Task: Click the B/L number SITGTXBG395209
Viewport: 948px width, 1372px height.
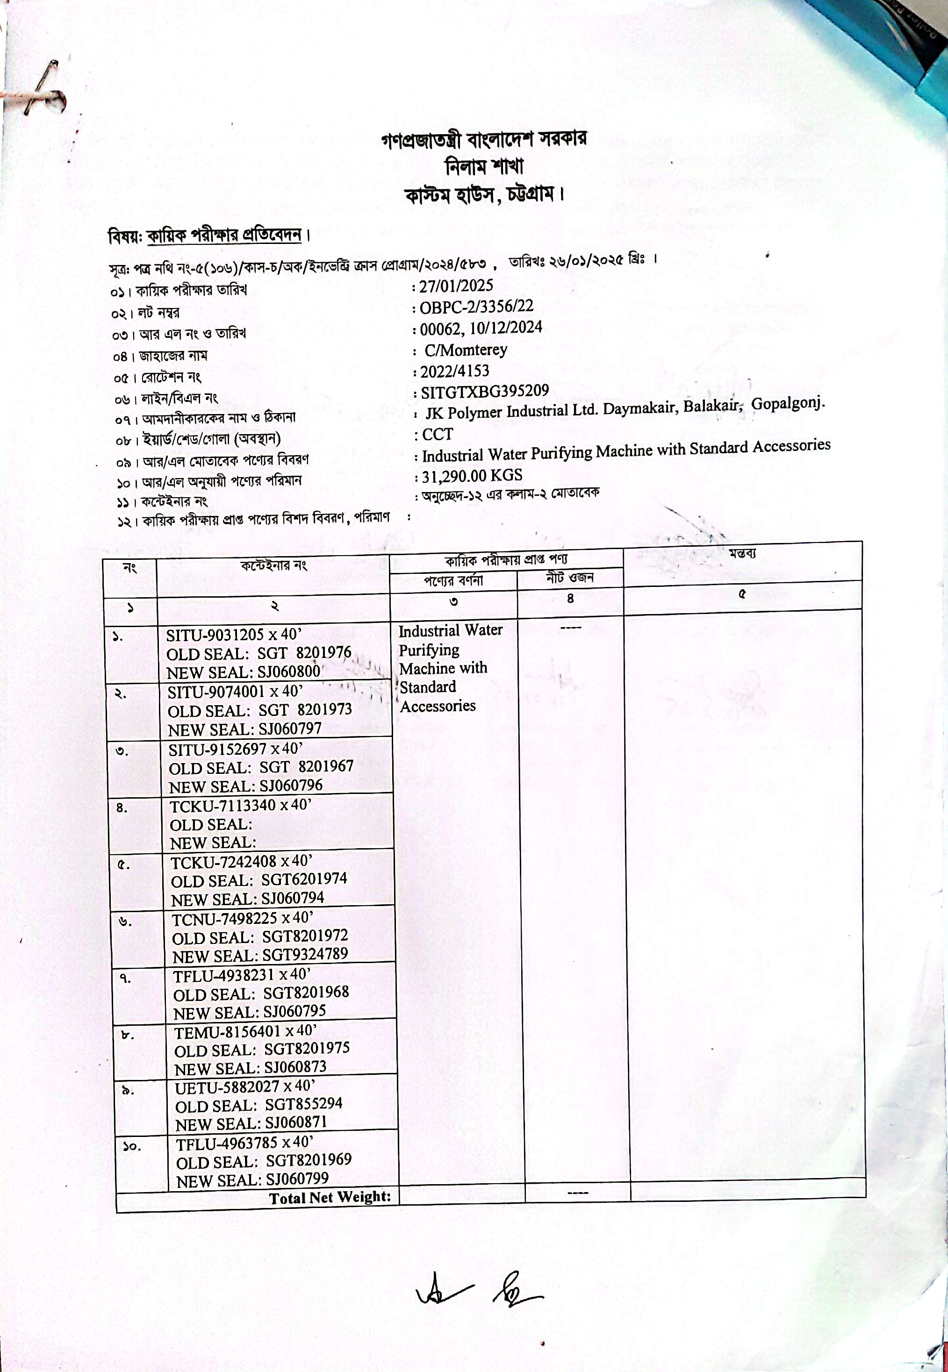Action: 484,392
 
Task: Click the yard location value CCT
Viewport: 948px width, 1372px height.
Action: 437,435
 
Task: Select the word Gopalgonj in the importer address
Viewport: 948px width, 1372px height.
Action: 788,404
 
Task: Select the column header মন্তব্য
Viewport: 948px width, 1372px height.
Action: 742,554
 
